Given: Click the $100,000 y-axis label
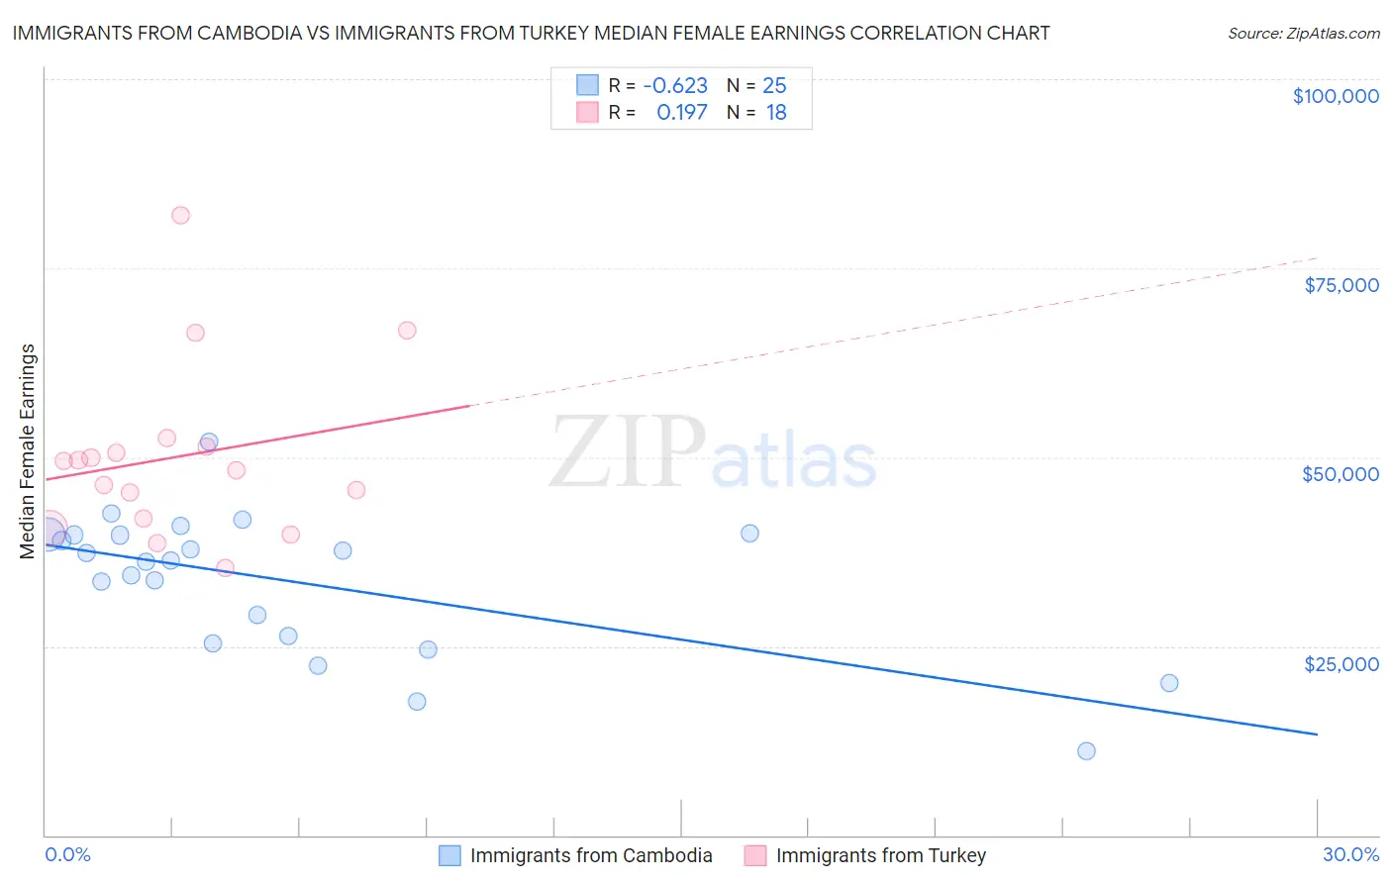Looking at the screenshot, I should click(1335, 96).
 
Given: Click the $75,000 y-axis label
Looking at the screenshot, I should click(1341, 285).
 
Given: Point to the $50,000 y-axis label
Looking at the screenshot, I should click(1340, 474).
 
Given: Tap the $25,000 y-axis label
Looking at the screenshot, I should click(1341, 664).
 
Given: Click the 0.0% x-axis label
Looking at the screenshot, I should click(67, 854).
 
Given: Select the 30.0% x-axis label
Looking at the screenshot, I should click(1350, 854).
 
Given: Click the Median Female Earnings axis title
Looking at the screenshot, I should click(28, 451).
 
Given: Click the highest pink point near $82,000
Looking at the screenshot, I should click(180, 215).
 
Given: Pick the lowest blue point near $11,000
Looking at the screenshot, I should click(1086, 750).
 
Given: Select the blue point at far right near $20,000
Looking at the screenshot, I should click(1169, 683).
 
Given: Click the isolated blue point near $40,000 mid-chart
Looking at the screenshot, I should click(749, 534).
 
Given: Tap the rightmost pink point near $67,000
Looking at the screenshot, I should click(407, 331).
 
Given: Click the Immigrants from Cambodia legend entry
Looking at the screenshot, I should click(590, 855).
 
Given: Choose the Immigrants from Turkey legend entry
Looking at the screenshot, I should click(880, 855).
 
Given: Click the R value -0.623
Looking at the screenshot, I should click(675, 86).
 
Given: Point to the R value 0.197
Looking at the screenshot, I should click(681, 113).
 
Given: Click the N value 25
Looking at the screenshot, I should click(774, 86).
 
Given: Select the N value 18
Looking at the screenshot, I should click(776, 113).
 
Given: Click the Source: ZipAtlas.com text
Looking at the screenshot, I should click(1303, 34).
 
